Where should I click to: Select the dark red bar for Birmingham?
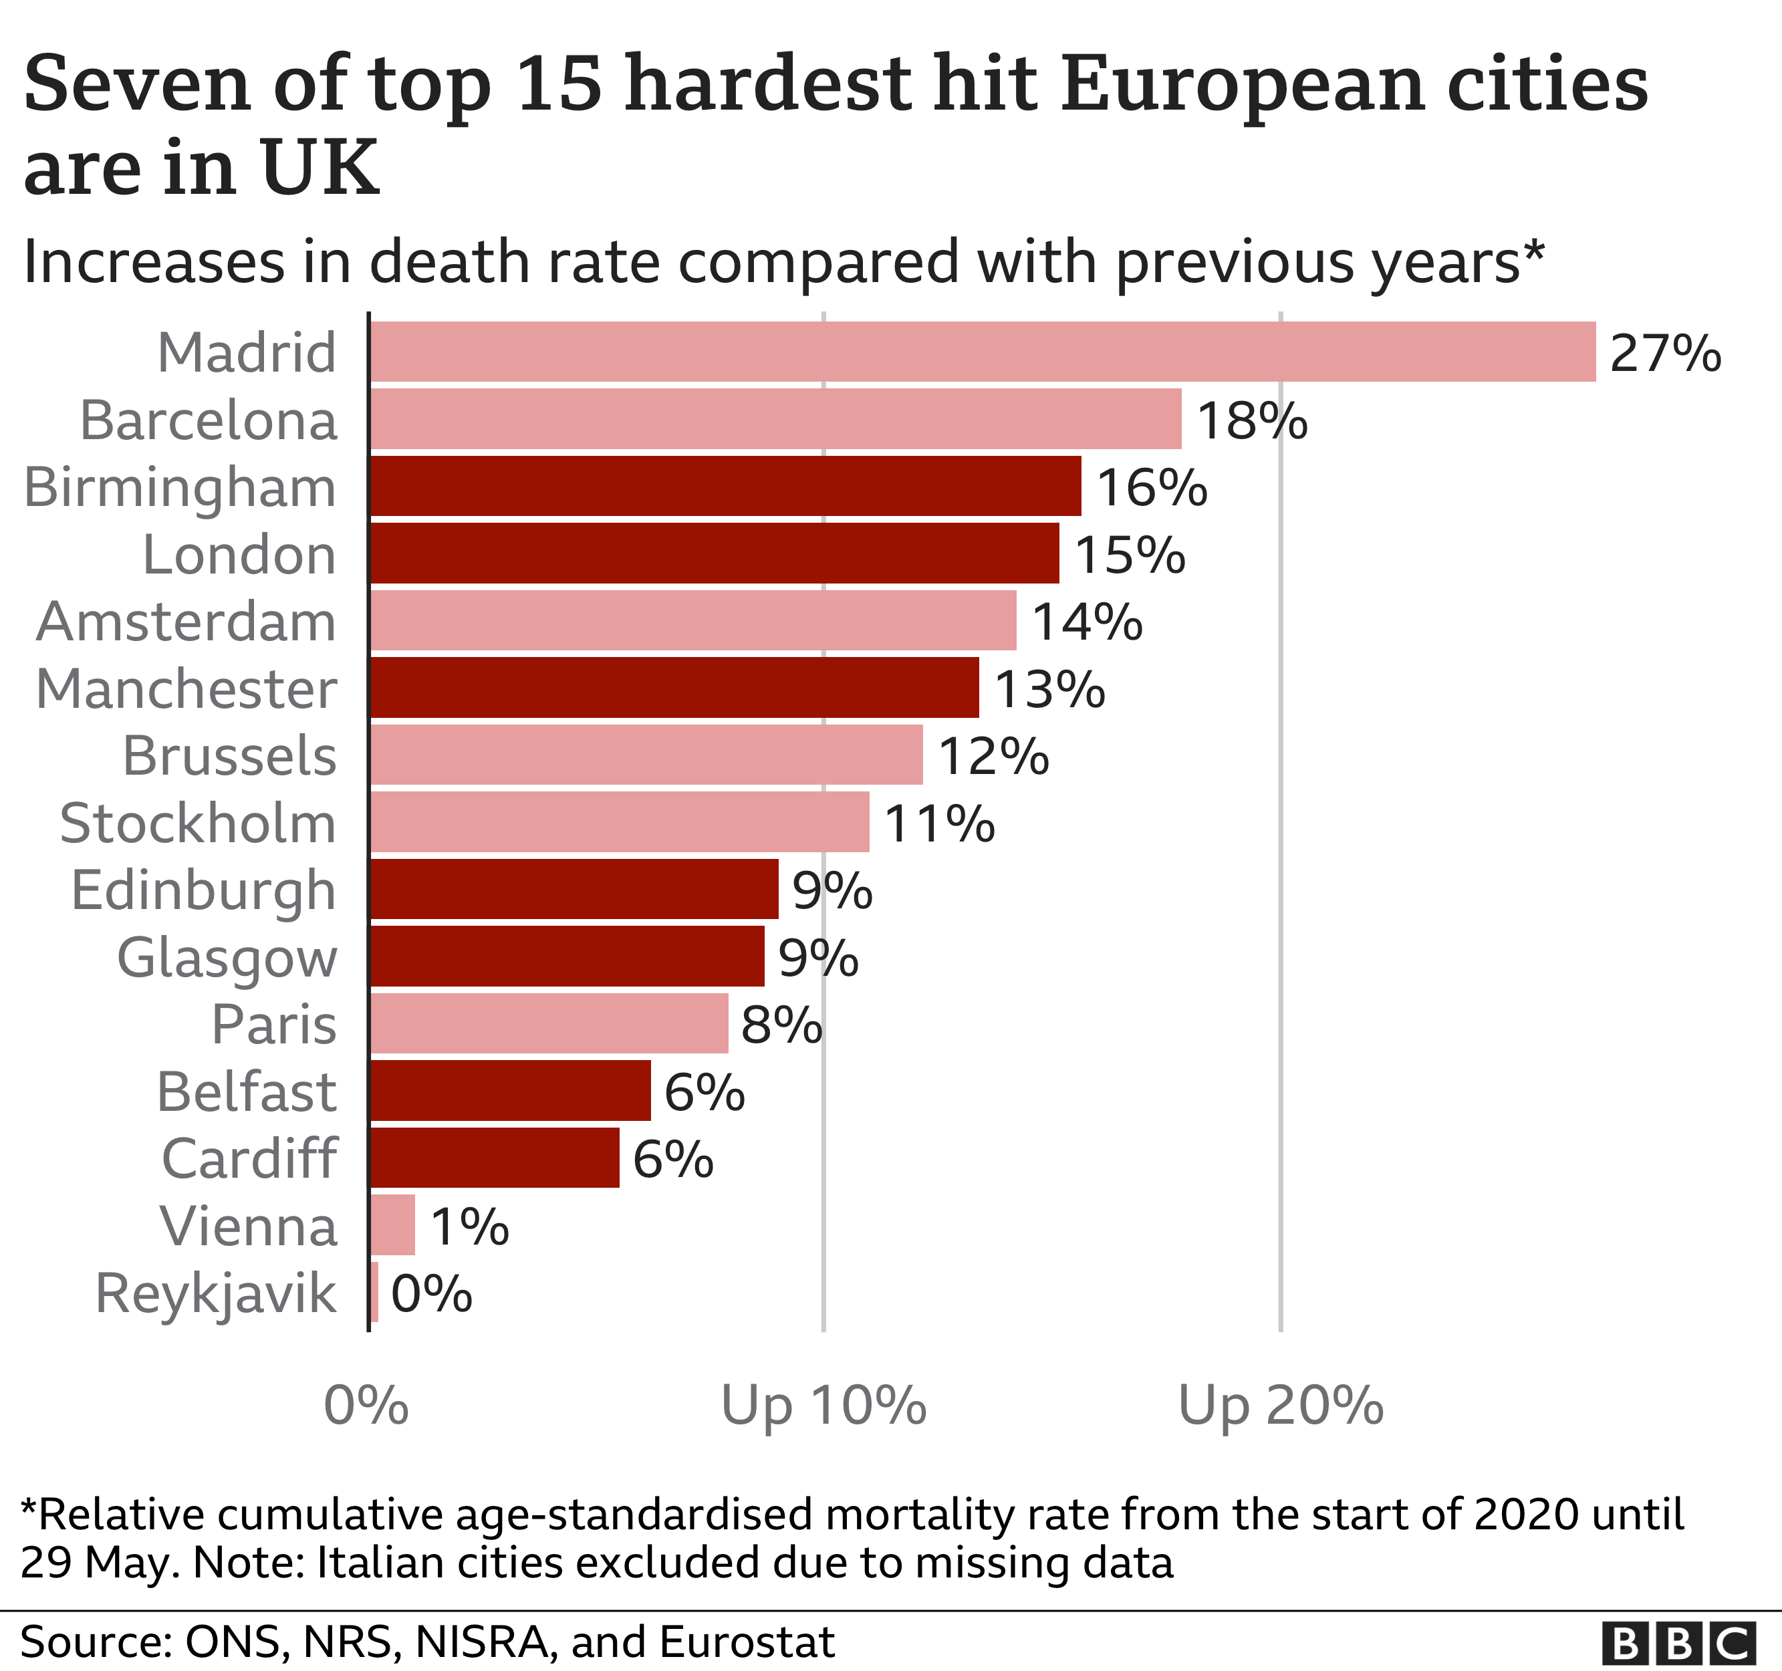(725, 486)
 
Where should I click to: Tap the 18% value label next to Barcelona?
(1251, 420)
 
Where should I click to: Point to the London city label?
(239, 554)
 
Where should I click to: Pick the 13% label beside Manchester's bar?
(1049, 688)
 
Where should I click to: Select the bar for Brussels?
(646, 755)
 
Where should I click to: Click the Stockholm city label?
(197, 823)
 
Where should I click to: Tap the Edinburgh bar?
(574, 889)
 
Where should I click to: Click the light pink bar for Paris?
(549, 1024)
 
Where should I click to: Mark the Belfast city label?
(247, 1092)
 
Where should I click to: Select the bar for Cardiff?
(494, 1158)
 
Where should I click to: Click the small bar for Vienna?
(392, 1225)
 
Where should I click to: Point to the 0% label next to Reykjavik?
(431, 1293)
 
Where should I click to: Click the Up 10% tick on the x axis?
(823, 1406)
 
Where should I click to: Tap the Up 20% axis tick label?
(1280, 1406)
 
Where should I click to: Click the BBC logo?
(1678, 1643)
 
